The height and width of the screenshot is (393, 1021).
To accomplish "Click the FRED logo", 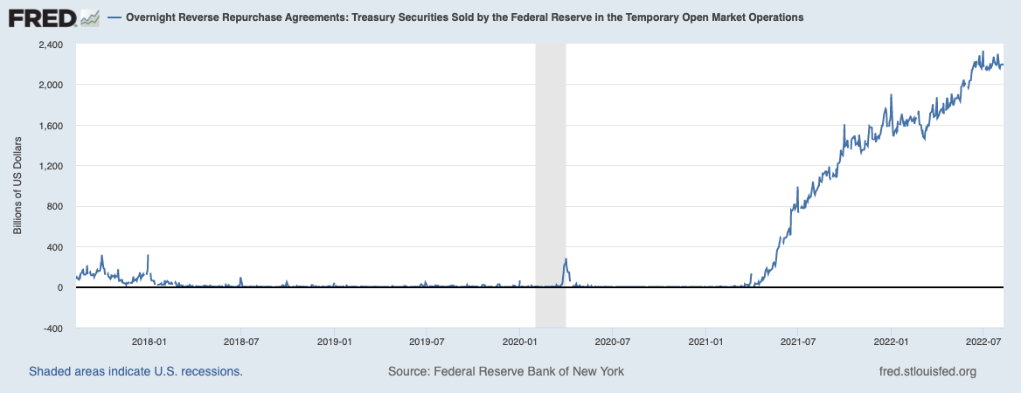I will pos(53,17).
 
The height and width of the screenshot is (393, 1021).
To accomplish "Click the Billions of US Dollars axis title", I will pos(17,186).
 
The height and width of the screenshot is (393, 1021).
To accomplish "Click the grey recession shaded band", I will pos(550,175).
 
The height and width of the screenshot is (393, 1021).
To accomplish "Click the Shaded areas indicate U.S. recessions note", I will pos(135,371).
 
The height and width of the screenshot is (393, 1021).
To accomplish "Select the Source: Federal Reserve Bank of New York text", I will pos(506,371).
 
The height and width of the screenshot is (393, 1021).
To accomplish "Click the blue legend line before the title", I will pos(114,17).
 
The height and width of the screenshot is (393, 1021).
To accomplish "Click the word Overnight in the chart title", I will pos(154,17).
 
